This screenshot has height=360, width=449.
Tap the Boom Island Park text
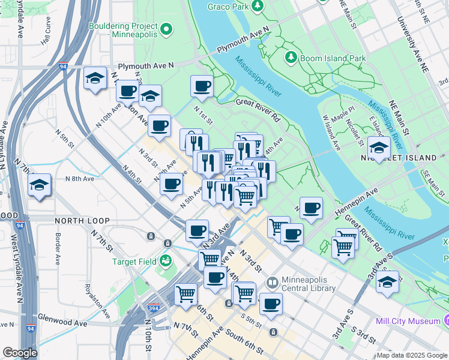tap(333, 58)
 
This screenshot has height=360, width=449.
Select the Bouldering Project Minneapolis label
tap(123, 30)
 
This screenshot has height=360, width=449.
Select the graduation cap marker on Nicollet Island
tap(379, 148)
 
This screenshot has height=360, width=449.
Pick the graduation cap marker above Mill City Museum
tap(387, 281)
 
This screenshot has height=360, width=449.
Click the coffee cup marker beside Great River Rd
tap(202, 86)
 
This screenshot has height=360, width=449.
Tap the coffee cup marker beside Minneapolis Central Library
tap(271, 303)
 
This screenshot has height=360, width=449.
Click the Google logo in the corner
tap(20, 353)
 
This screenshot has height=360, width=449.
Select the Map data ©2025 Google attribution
tap(411, 355)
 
